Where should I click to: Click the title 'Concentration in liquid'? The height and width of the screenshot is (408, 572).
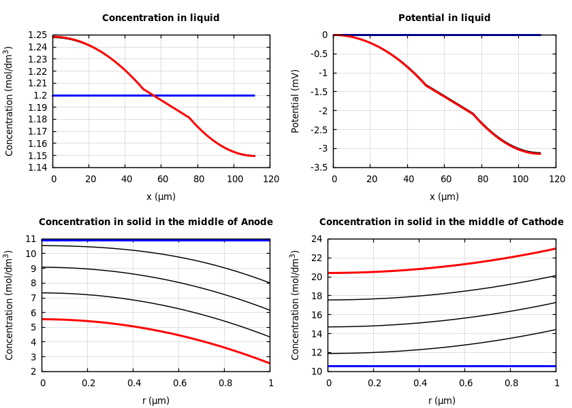coord(161,18)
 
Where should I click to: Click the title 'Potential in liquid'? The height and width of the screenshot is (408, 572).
coord(444,18)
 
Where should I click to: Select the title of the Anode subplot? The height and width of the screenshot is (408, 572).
coord(156,222)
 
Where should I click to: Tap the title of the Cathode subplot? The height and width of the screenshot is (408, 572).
coord(441,222)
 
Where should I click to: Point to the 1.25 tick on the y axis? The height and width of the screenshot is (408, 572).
coord(38,35)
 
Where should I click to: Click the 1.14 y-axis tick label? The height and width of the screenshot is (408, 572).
coord(38,167)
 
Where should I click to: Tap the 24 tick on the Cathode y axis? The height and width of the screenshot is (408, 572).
coord(315,239)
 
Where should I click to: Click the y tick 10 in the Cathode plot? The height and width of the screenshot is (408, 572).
coord(315,371)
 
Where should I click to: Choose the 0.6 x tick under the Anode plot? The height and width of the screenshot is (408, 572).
coord(179,384)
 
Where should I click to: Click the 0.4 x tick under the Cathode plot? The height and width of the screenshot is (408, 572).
coord(419,384)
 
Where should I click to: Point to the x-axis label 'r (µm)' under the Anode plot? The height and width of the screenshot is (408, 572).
coord(156,401)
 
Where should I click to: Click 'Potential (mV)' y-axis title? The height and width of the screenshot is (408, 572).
coord(296,101)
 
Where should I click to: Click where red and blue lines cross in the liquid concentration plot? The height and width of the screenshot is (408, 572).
coord(152,95)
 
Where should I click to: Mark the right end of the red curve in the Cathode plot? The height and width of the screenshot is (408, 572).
coord(555,248)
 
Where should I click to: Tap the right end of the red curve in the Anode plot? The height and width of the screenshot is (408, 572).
coord(270,363)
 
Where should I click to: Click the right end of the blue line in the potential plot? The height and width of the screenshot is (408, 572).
coord(540,35)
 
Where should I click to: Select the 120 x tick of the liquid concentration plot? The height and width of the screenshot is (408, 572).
coord(271,179)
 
